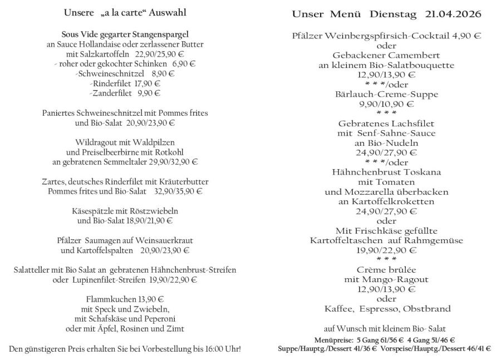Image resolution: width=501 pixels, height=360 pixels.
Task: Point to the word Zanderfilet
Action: pyautogui.click(x=113, y=93)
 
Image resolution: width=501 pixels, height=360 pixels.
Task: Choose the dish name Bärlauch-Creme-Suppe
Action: pyautogui.click(x=386, y=93)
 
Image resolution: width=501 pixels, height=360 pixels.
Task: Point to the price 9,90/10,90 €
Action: pyautogui.click(x=386, y=103)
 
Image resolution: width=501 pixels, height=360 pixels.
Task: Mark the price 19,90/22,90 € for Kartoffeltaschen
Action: pyautogui.click(x=386, y=250)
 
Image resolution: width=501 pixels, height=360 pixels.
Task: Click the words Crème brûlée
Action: pyautogui.click(x=386, y=269)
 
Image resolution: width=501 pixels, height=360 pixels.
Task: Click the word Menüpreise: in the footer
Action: pyautogui.click(x=321, y=339)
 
